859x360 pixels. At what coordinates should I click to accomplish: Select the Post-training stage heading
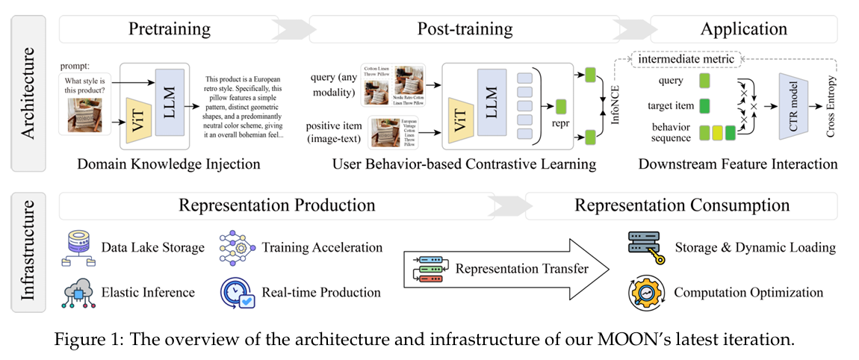(465, 29)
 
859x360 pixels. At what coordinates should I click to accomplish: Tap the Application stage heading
(743, 29)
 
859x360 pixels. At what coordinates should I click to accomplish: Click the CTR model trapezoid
(798, 106)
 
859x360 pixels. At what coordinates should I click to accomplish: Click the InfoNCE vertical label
(617, 105)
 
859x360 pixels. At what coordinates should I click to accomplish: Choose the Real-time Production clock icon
(236, 291)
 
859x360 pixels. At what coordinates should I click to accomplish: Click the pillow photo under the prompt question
(84, 115)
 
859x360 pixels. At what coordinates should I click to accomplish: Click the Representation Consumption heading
(681, 205)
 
